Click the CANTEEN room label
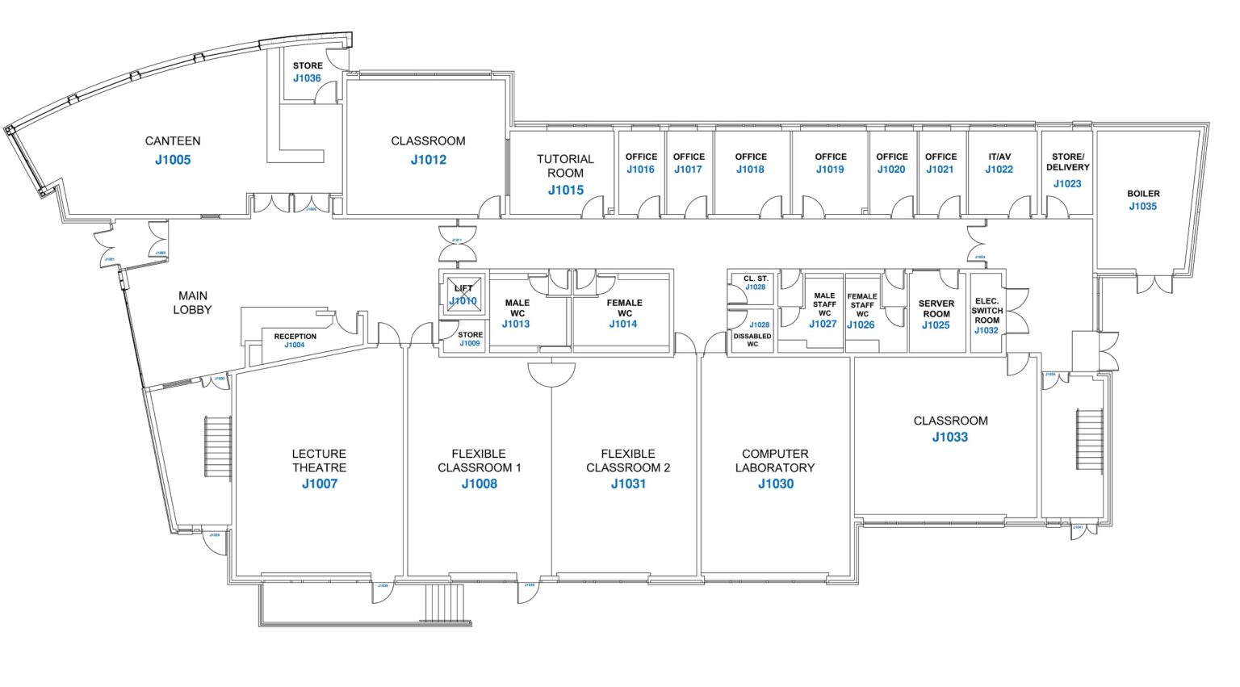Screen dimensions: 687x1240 pos(173,140)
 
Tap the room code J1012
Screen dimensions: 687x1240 pos(428,160)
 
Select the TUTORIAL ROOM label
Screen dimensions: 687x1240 pos(565,166)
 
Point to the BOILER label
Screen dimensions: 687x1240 pos(1143,194)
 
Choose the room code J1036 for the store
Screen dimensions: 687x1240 pos(307,78)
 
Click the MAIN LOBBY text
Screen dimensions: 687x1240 pos(193,303)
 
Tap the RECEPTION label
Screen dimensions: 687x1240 pos(295,336)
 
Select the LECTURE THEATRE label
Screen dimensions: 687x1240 pos(319,461)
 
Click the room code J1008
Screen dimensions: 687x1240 pos(480,484)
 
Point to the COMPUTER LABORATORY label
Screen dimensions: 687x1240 pos(775,461)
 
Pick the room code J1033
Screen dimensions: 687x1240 pos(950,438)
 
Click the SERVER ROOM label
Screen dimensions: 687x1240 pos(936,308)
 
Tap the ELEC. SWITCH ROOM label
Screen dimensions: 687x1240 pos(987,311)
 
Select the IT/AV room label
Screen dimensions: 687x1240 pos(999,157)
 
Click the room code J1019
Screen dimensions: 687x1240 pos(830,170)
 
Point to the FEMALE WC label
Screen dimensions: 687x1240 pos(624,308)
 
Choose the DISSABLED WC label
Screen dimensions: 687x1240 pos(752,340)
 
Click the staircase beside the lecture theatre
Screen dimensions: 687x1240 pos(218,446)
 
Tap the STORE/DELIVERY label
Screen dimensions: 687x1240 pos(1068,162)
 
